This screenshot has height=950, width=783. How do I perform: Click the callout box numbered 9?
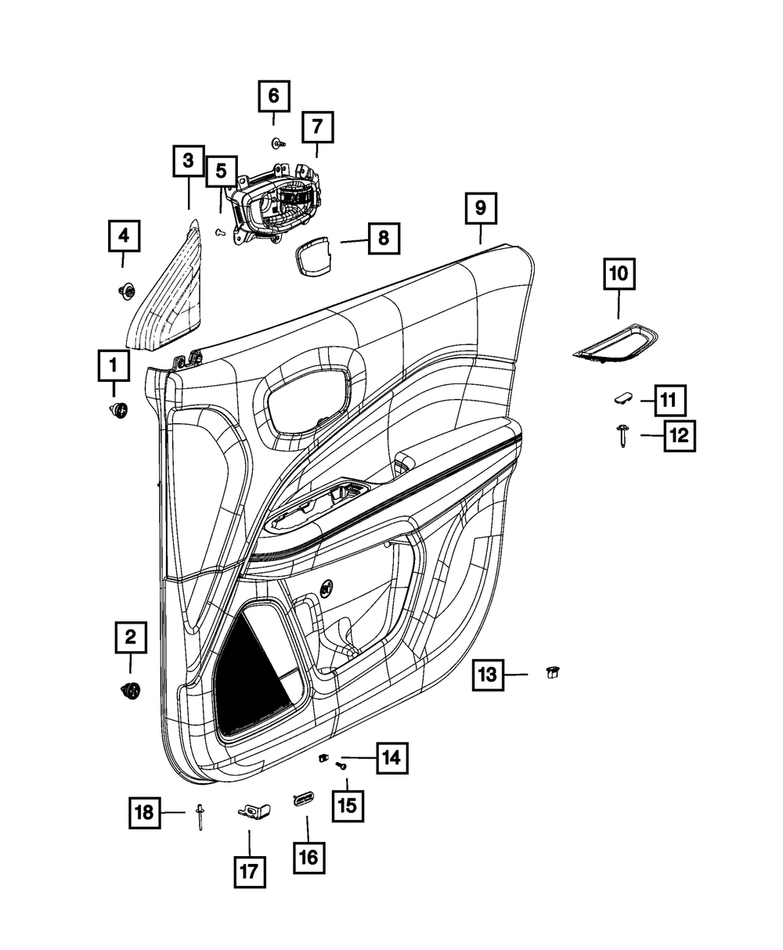click(481, 208)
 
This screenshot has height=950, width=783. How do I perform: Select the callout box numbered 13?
click(488, 675)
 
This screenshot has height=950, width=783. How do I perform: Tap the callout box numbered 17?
click(250, 872)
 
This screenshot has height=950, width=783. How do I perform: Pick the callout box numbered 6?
click(274, 96)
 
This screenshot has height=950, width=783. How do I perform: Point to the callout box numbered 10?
click(619, 274)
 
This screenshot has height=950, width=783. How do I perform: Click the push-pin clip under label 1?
click(119, 410)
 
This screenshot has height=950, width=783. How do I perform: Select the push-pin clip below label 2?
click(131, 691)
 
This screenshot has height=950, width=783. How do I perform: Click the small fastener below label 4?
click(127, 292)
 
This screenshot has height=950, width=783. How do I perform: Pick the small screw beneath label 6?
click(278, 144)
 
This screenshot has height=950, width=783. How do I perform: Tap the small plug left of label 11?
click(622, 398)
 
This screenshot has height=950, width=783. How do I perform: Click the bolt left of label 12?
click(622, 436)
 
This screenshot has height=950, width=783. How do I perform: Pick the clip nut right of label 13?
click(553, 672)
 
